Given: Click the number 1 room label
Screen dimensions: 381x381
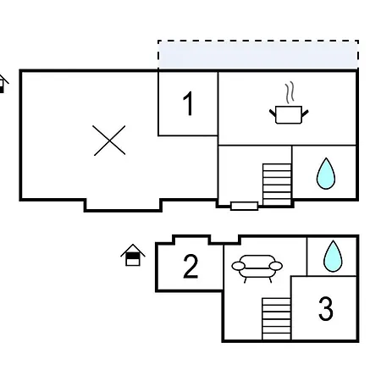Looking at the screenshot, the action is click(x=188, y=103).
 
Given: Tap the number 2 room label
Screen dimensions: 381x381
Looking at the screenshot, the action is click(x=190, y=266).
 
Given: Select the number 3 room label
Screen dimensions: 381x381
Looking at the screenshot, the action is click(x=326, y=309).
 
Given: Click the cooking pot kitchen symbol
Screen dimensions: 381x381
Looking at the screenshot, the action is click(x=289, y=114).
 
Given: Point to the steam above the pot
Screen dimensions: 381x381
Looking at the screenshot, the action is click(x=290, y=92).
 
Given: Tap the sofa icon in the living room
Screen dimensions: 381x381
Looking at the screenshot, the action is click(x=257, y=268).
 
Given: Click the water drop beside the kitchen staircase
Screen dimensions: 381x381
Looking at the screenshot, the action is click(x=326, y=174).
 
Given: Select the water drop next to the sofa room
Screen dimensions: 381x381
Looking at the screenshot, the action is click(x=333, y=256).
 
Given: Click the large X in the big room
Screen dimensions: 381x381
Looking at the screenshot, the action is click(x=109, y=141).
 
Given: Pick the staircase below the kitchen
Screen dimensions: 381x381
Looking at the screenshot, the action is click(x=277, y=185).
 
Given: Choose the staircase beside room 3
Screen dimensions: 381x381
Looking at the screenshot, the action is click(x=276, y=318).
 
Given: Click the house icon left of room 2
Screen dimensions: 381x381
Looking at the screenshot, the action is click(x=133, y=255).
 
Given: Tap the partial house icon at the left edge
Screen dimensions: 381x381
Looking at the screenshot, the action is click(x=3, y=84).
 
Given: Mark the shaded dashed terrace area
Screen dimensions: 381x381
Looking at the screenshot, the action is click(x=258, y=55).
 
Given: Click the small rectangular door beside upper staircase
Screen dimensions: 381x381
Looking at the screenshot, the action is click(x=244, y=206).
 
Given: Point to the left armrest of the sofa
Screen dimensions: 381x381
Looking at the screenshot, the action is click(x=239, y=266).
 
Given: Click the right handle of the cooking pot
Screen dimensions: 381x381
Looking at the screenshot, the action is click(x=305, y=113).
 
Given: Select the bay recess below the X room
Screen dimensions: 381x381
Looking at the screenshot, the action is click(x=123, y=205).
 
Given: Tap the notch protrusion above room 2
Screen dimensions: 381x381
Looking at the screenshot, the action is click(x=191, y=240).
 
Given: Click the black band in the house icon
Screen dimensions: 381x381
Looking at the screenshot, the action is click(x=133, y=256).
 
